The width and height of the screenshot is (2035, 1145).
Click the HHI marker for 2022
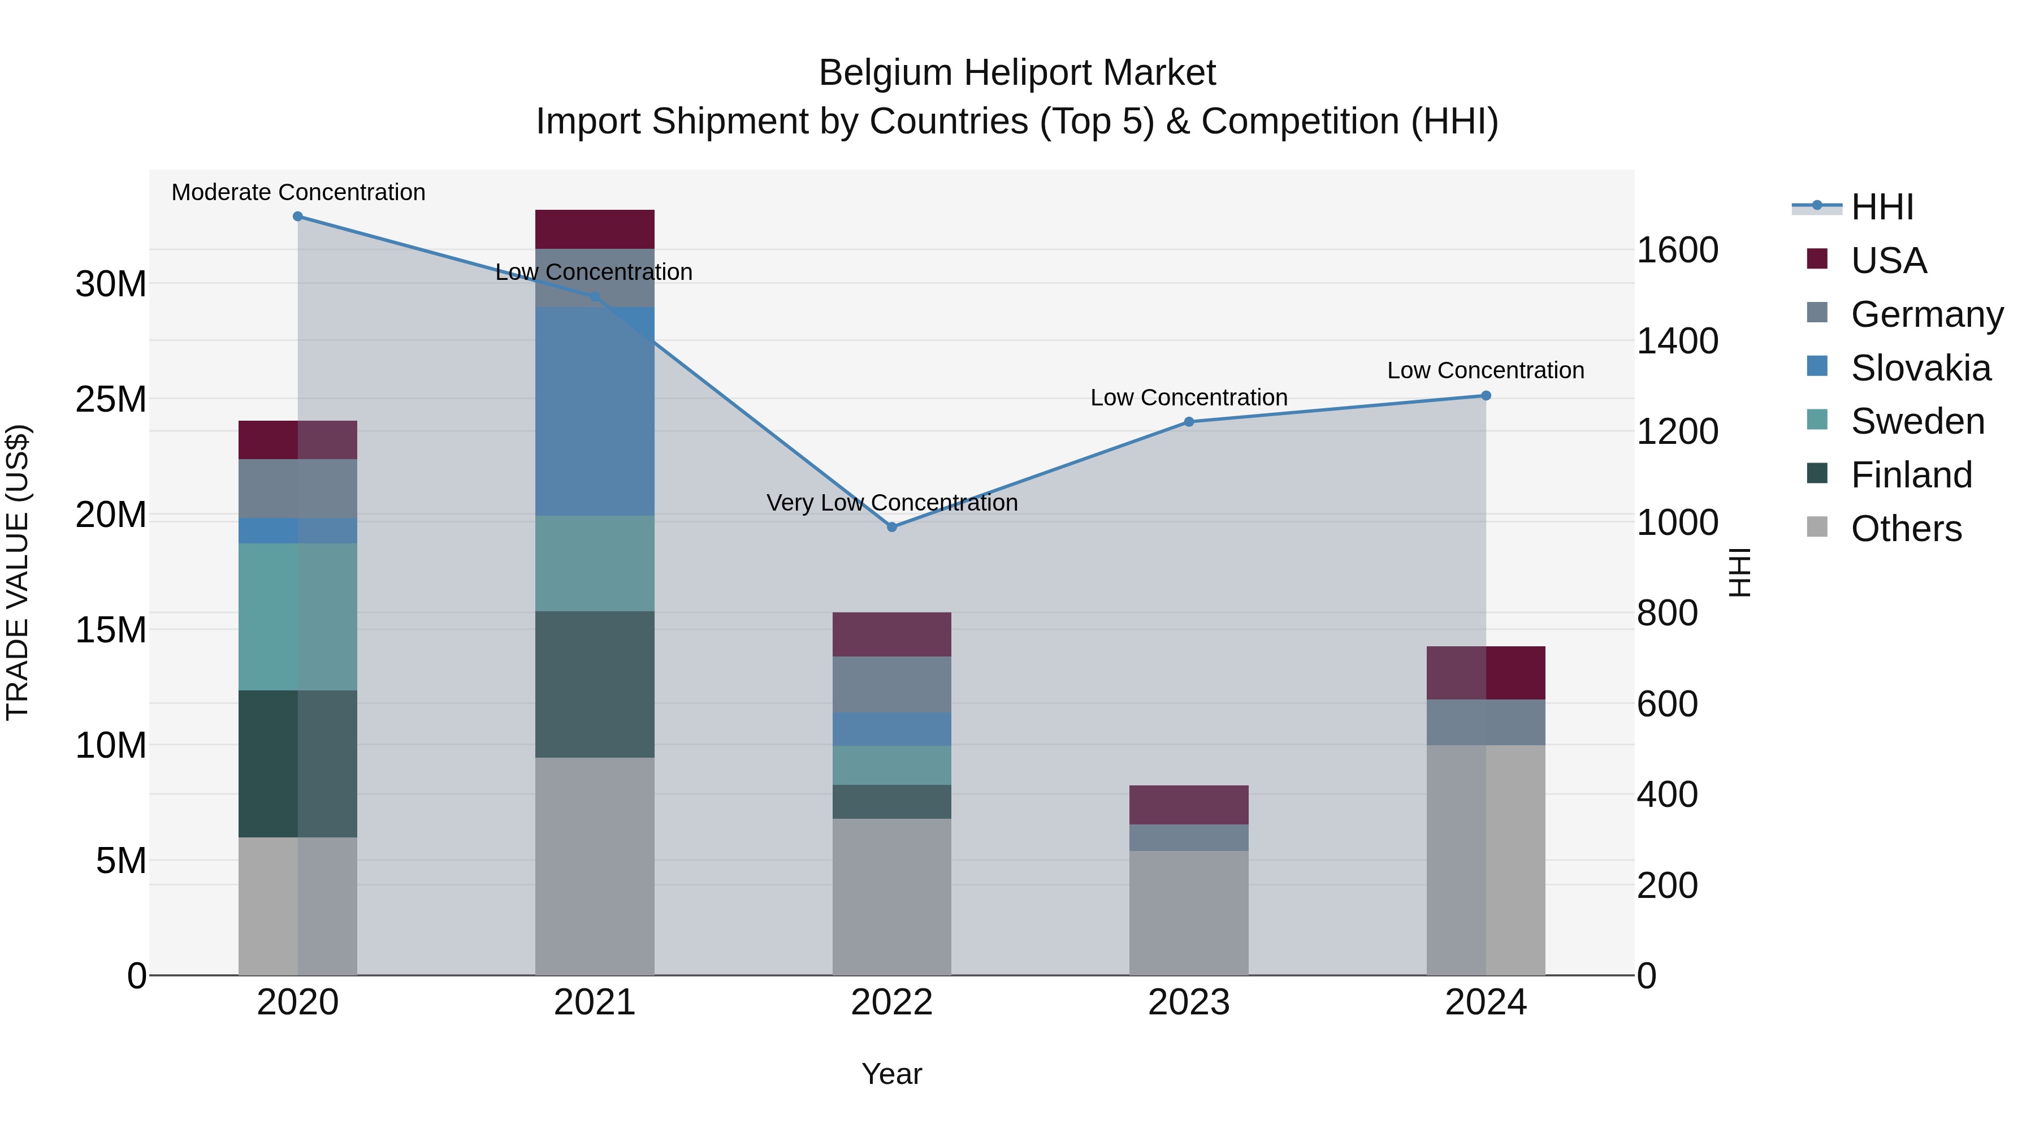(892, 527)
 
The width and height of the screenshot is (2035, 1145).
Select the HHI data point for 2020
(298, 217)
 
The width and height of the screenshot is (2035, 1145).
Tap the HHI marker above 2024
(1486, 396)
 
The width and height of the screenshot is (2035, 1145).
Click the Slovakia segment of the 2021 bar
(595, 411)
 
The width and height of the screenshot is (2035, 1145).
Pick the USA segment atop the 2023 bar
(1189, 805)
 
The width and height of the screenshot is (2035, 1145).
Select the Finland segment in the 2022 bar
(892, 801)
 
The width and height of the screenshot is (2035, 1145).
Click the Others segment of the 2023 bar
(1189, 913)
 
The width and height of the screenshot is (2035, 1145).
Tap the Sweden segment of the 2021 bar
(595, 563)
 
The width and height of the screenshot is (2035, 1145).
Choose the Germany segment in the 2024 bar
(1486, 722)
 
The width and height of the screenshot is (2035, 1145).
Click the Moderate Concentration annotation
(298, 193)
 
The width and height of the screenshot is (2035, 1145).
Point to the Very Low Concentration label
(892, 503)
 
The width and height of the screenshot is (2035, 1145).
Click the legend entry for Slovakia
(1920, 368)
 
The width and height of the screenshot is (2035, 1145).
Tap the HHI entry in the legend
(1882, 207)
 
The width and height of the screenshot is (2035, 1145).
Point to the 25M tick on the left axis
(111, 400)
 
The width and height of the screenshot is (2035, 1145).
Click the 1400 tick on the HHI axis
(1677, 342)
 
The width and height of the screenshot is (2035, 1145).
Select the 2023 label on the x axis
(1189, 1003)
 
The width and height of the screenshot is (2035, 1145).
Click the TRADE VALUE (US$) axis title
(18, 572)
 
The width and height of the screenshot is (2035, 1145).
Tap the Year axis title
(892, 1074)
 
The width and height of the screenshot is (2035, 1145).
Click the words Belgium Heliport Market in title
(1017, 74)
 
